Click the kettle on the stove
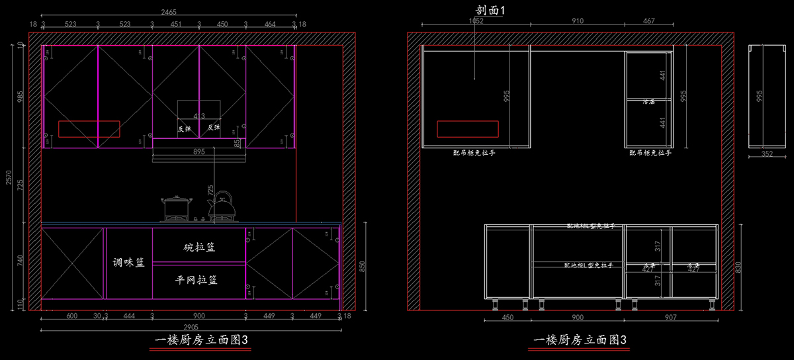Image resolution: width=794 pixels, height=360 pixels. point(222,206)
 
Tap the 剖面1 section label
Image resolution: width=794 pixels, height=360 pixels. point(490,11)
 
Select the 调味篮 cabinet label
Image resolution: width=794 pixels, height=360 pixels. point(128,263)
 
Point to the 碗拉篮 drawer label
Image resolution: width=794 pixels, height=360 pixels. point(199,247)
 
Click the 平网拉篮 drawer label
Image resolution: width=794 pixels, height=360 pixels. point(197,280)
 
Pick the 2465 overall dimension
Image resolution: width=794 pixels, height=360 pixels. point(169,12)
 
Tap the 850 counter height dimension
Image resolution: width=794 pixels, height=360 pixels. point(361,266)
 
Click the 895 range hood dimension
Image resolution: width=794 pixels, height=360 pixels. point(199,152)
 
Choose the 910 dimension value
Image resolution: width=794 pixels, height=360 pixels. point(578,21)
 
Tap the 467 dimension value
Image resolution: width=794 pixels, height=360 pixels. point(649,21)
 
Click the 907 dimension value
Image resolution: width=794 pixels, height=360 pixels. point(670,317)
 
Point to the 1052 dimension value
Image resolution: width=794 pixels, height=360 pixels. point(476,21)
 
